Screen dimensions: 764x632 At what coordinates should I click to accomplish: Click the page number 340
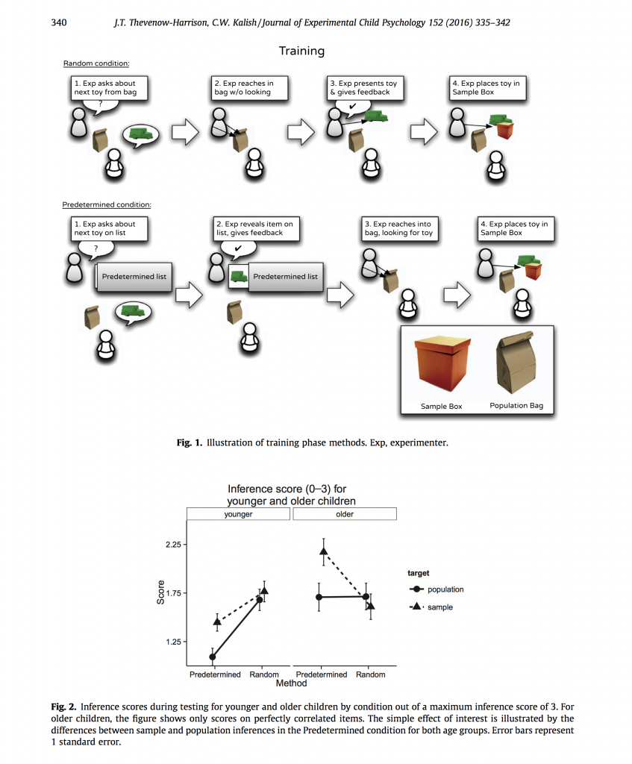pyautogui.click(x=59, y=23)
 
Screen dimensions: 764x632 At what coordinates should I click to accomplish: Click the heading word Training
pyautogui.click(x=301, y=51)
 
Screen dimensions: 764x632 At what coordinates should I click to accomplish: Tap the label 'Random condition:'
pyautogui.click(x=96, y=63)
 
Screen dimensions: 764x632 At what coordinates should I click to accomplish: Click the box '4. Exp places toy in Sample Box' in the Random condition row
pyautogui.click(x=486, y=88)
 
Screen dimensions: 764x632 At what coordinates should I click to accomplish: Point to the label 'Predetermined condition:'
pyautogui.click(x=107, y=204)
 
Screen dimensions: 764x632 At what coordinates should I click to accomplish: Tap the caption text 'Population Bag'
pyautogui.click(x=516, y=406)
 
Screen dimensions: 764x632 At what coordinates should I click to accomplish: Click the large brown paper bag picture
pyautogui.click(x=516, y=363)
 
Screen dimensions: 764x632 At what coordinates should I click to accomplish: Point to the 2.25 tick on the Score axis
pyautogui.click(x=172, y=545)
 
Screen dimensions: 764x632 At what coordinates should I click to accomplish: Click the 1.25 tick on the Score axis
pyautogui.click(x=172, y=642)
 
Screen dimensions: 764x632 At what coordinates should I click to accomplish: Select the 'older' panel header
pyautogui.click(x=345, y=514)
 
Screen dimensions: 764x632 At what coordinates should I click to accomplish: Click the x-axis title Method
pyautogui.click(x=291, y=683)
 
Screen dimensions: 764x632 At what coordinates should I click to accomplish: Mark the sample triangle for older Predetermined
pyautogui.click(x=323, y=551)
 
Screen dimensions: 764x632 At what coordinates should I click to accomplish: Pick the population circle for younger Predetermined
pyautogui.click(x=213, y=657)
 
